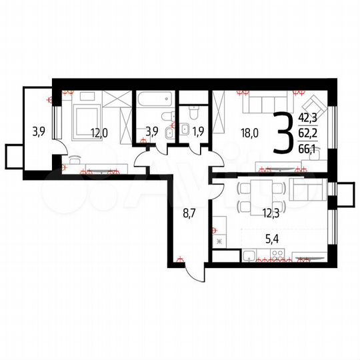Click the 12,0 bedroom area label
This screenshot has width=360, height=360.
[99, 131]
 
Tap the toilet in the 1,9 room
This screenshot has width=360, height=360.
[193, 113]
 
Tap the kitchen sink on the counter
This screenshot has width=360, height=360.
[251, 254]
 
